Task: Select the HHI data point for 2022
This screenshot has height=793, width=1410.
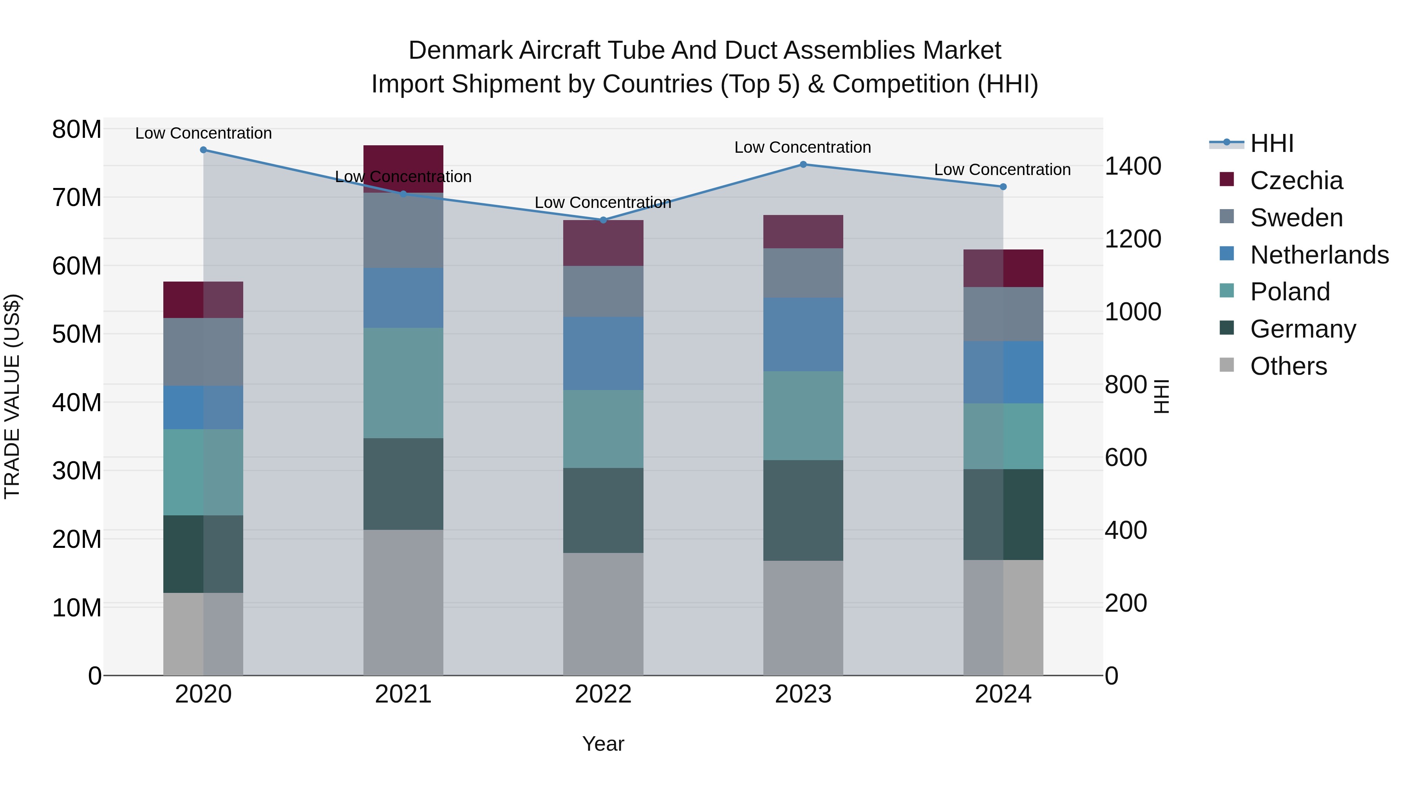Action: click(603, 220)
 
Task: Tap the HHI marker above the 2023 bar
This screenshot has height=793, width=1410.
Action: click(803, 164)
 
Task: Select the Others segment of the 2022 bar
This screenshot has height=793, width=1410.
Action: click(603, 614)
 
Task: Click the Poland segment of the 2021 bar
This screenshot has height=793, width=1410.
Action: click(403, 383)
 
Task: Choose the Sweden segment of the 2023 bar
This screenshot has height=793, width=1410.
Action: click(803, 273)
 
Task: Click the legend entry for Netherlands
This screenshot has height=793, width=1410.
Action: click(1319, 255)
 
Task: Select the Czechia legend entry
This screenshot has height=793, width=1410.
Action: click(1296, 181)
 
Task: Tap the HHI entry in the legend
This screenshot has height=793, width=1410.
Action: click(1271, 143)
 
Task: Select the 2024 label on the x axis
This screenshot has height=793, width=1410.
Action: click(1003, 694)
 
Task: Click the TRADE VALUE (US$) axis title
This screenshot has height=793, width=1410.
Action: click(12, 396)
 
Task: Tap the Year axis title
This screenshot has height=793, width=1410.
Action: click(603, 744)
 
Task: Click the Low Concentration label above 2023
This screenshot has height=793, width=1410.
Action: click(803, 147)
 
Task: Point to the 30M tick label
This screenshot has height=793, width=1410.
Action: click(77, 471)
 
